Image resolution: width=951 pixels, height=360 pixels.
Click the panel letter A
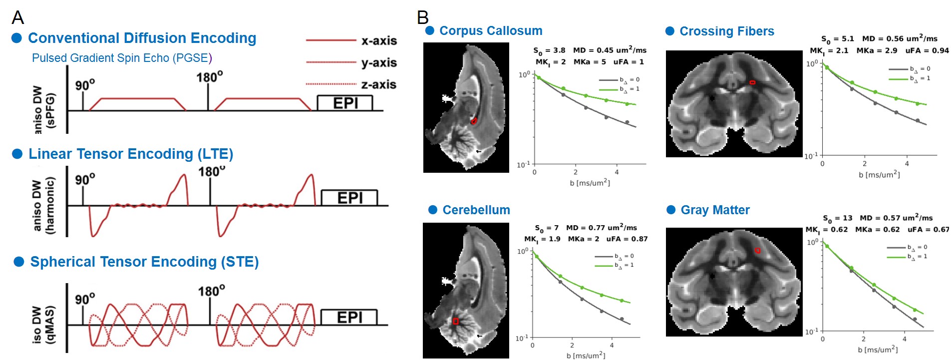click(x=18, y=17)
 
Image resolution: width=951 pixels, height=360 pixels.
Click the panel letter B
click(x=423, y=17)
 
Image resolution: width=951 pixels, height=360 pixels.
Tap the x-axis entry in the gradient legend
click(x=379, y=40)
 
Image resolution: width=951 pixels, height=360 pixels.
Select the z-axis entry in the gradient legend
click(x=378, y=84)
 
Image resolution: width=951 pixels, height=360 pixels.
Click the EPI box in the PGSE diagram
click(x=345, y=103)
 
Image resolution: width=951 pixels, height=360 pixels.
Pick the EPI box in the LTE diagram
click(x=349, y=198)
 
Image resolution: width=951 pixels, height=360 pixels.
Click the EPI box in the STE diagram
click(x=349, y=318)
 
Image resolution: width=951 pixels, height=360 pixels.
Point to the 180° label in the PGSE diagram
click(x=210, y=77)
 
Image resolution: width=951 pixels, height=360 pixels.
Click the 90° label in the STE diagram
click(x=85, y=299)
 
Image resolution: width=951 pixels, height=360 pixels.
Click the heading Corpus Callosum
click(x=490, y=31)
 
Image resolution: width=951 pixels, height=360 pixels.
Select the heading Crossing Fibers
click(x=726, y=31)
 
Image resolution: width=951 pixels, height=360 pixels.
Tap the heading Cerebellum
click(x=476, y=210)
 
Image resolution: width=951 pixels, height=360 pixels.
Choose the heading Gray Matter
click(x=715, y=210)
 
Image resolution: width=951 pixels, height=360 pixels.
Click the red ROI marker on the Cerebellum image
click(x=455, y=321)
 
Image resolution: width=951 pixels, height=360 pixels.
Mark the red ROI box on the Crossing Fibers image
click(x=752, y=82)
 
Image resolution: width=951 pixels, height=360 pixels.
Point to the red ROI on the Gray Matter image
click(x=758, y=250)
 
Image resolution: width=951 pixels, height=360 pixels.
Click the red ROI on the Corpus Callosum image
click(x=474, y=121)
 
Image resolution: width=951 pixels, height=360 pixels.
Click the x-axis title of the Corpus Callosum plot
click(x=590, y=183)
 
